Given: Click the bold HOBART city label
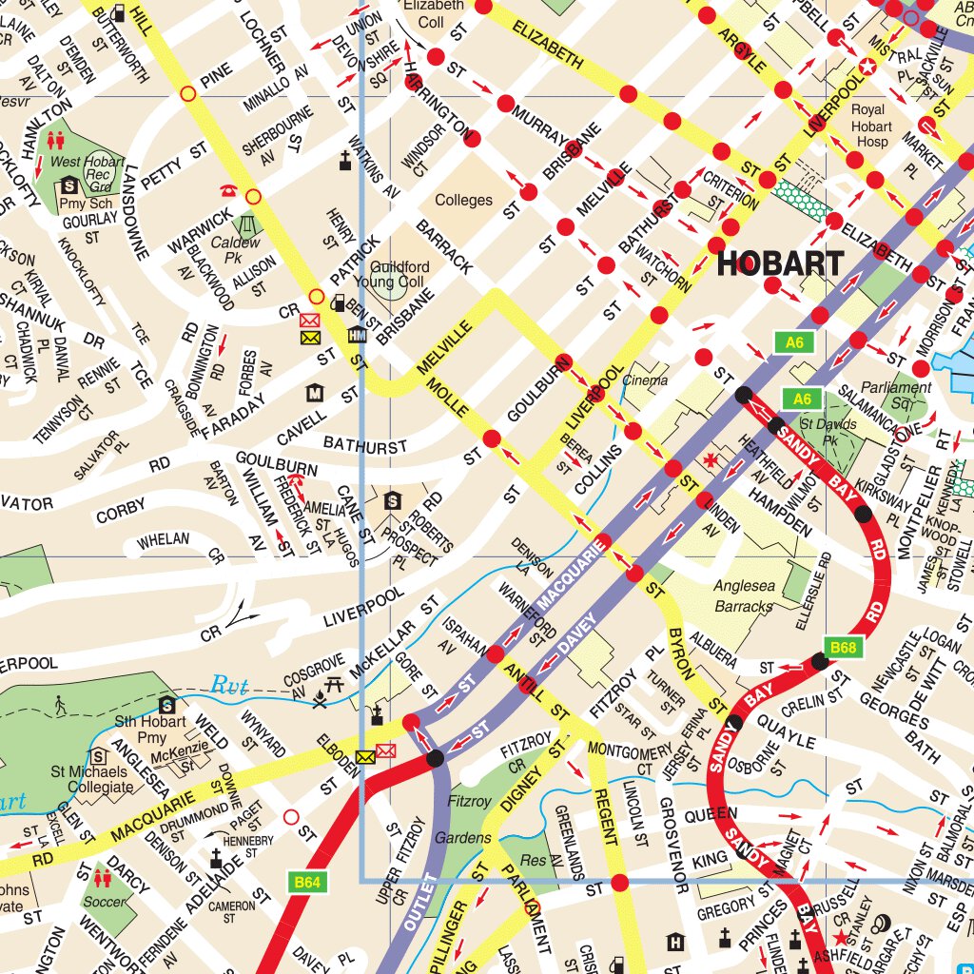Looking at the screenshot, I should click(x=780, y=263).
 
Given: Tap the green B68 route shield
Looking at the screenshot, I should click(x=843, y=648).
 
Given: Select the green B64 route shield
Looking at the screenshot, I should click(x=306, y=883).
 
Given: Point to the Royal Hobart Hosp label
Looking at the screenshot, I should click(x=870, y=127).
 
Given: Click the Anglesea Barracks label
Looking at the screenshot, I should click(x=743, y=596).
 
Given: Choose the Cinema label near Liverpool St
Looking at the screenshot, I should click(x=645, y=380).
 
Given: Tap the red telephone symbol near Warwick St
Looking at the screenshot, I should click(x=228, y=190).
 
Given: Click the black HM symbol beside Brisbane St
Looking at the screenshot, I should click(x=357, y=335).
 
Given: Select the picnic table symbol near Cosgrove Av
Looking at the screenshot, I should click(x=333, y=683).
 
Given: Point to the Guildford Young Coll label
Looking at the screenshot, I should click(x=399, y=275).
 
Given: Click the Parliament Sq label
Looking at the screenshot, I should click(x=895, y=395).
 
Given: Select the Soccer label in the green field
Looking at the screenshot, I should click(x=104, y=901).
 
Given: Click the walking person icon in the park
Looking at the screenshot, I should click(x=62, y=705).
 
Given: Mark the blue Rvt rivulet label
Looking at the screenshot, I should click(x=228, y=684).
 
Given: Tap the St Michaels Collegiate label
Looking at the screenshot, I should click(x=92, y=779).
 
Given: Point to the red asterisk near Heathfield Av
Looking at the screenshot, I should click(x=709, y=460).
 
